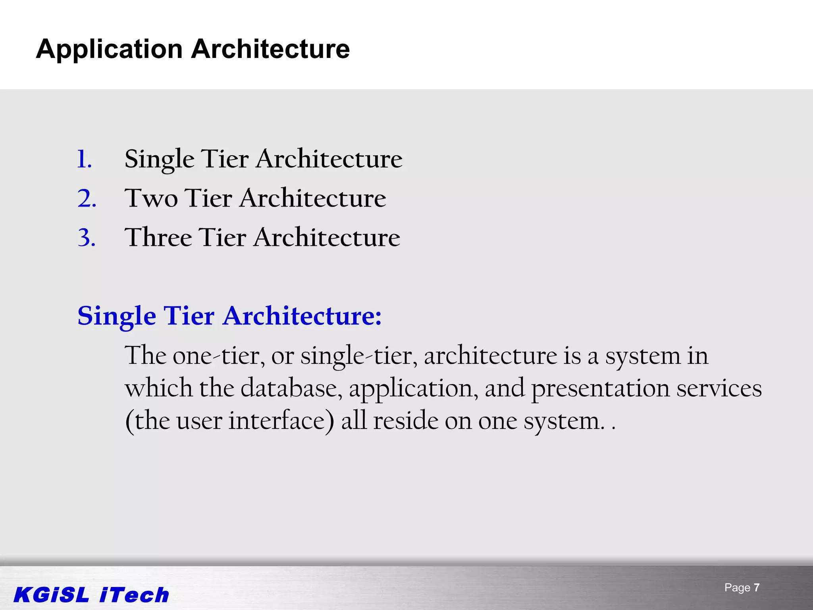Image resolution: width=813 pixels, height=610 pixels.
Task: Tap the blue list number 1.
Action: tap(84, 160)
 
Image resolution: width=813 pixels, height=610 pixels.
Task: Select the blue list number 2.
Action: tap(87, 199)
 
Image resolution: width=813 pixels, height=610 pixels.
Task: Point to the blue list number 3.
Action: tap(87, 238)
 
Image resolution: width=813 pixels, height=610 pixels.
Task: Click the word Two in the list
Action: tap(151, 199)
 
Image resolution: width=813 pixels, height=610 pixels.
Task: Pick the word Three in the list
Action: tap(158, 238)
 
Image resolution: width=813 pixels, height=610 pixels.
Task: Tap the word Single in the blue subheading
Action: tap(117, 317)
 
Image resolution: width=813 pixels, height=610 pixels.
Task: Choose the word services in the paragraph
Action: tap(719, 388)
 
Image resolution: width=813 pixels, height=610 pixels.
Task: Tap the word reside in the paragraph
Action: tap(405, 421)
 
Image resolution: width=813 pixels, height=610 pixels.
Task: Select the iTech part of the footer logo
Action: tap(135, 595)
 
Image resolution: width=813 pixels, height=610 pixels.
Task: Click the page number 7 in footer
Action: tap(757, 588)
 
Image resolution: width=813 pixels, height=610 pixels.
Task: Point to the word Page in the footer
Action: tap(737, 588)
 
